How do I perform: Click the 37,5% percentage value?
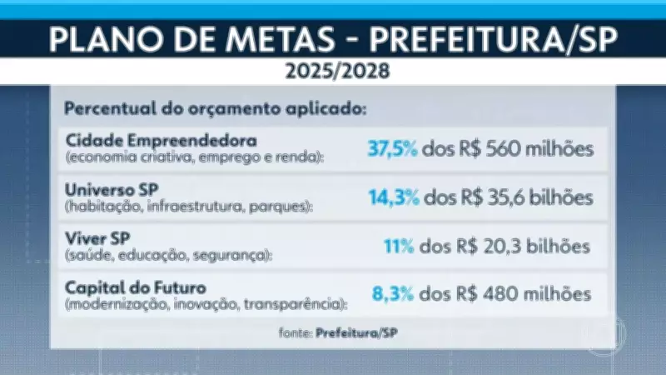pyautogui.click(x=393, y=150)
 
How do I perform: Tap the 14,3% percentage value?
pyautogui.click(x=393, y=198)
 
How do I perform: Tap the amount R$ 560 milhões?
pyautogui.click(x=529, y=150)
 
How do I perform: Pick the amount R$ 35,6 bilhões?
pyautogui.click(x=529, y=198)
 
